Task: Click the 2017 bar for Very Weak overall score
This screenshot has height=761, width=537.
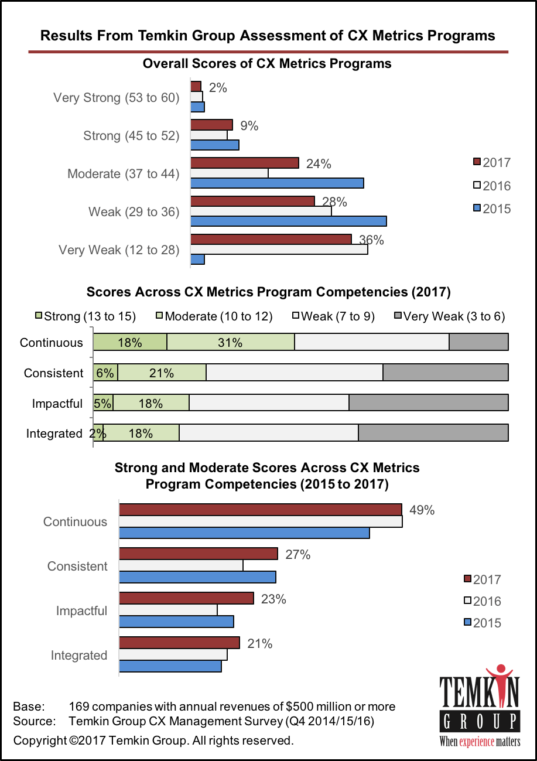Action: tap(271, 238)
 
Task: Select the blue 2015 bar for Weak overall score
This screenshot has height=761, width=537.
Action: tap(288, 221)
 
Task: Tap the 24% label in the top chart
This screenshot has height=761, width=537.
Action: tap(319, 164)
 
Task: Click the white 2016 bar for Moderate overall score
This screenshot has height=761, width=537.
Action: tap(229, 173)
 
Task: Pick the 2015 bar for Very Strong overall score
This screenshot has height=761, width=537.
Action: tap(197, 107)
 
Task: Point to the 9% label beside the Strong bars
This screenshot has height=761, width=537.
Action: tap(248, 125)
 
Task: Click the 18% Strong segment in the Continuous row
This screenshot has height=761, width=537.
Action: tap(130, 343)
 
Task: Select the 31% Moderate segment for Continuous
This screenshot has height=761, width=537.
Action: tap(230, 343)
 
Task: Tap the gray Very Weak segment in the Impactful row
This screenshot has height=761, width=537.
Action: tap(428, 402)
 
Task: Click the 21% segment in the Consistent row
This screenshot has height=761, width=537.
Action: tap(162, 373)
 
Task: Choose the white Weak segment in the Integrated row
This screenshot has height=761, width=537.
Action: tap(268, 432)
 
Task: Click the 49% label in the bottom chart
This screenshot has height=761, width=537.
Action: tap(422, 510)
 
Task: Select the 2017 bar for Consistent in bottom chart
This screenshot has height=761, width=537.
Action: tap(198, 554)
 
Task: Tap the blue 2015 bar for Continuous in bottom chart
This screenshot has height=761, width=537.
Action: tap(244, 532)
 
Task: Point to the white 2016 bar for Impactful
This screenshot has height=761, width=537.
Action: tap(168, 610)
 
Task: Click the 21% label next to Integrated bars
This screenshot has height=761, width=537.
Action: tap(259, 643)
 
